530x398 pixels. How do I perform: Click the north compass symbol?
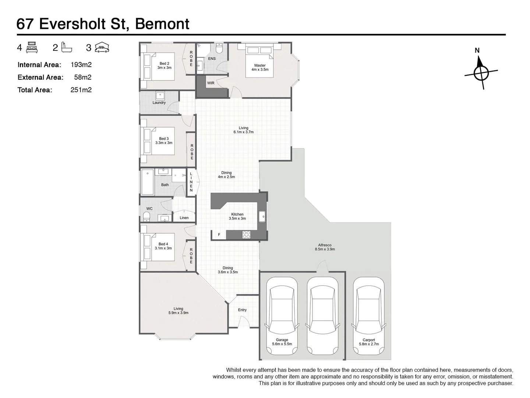(x=481, y=73)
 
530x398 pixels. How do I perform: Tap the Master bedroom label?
(x=260, y=67)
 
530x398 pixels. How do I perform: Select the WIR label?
(x=211, y=83)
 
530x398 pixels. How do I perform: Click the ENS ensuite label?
(x=212, y=59)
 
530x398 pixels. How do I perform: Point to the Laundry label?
(x=159, y=103)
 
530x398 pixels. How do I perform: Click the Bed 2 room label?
(x=165, y=66)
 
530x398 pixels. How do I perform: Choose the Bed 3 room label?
(x=164, y=141)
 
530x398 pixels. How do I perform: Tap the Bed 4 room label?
(x=163, y=246)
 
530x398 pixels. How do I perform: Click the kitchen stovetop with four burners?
(x=246, y=234)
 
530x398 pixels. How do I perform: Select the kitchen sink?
(x=262, y=217)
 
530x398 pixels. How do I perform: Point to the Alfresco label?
(x=325, y=247)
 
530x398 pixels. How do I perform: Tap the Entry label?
(x=242, y=310)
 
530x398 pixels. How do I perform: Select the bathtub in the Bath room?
(x=148, y=182)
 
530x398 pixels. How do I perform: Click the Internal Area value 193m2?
(x=81, y=65)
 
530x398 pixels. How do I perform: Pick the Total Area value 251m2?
(x=81, y=90)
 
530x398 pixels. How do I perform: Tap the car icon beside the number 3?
(x=102, y=48)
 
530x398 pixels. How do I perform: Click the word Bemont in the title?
(x=162, y=24)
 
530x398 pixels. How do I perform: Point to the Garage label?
(x=282, y=342)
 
